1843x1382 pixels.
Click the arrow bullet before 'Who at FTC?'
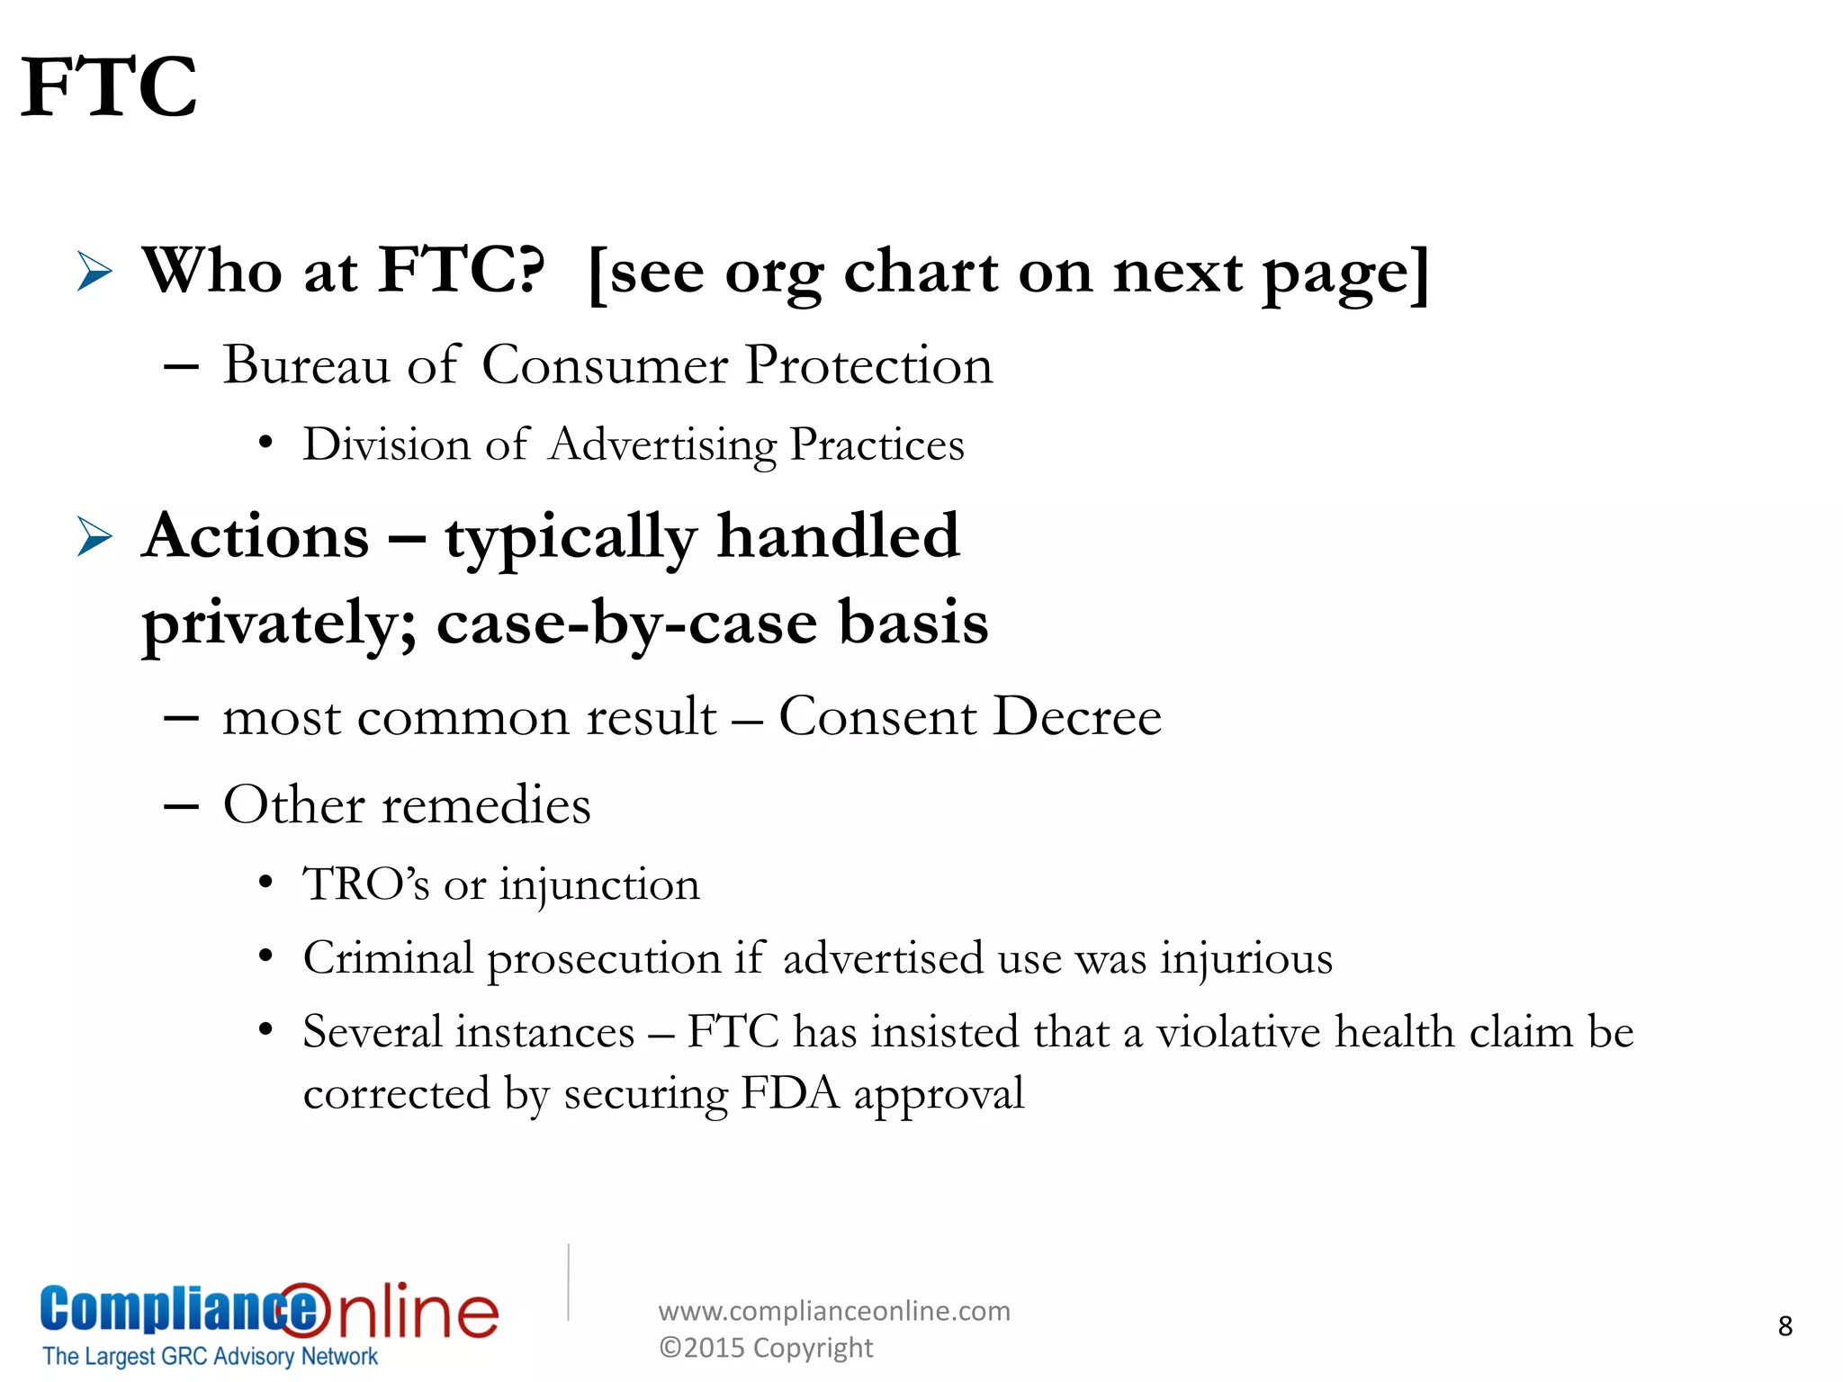[94, 271]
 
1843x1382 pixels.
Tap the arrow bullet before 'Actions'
[94, 537]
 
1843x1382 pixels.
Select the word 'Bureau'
[306, 365]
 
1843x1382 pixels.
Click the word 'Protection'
[868, 365]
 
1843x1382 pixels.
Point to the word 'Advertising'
[661, 444]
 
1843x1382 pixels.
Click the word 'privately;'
[279, 623]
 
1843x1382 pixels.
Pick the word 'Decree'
[1077, 717]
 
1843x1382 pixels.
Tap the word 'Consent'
[877, 717]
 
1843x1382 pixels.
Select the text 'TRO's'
[365, 884]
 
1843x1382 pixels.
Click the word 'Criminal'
[388, 957]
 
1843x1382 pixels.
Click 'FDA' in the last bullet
[789, 1093]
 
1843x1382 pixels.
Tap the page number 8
[1785, 1326]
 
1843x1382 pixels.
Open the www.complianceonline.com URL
[834, 1311]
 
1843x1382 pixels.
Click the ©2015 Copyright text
[766, 1348]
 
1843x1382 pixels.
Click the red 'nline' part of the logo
[418, 1312]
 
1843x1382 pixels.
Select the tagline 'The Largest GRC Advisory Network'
[211, 1356]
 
